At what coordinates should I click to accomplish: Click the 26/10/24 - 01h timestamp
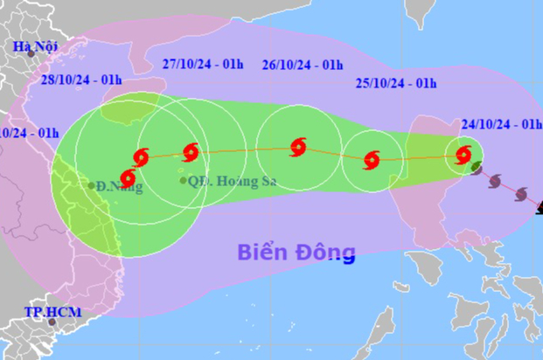(x=302, y=64)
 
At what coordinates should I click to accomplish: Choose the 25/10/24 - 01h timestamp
(x=396, y=83)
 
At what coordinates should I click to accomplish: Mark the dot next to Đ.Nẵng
(x=92, y=185)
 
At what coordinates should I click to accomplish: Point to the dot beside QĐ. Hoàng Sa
(x=183, y=181)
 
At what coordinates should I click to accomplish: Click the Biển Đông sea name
(x=296, y=253)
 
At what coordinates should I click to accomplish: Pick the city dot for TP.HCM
(x=51, y=322)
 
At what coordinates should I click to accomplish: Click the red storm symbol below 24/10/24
(x=463, y=157)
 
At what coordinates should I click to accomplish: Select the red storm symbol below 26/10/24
(x=297, y=148)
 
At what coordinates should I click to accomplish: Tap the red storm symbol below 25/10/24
(x=372, y=160)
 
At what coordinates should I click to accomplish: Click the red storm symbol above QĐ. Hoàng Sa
(x=190, y=152)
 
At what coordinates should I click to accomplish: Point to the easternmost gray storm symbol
(x=522, y=193)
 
